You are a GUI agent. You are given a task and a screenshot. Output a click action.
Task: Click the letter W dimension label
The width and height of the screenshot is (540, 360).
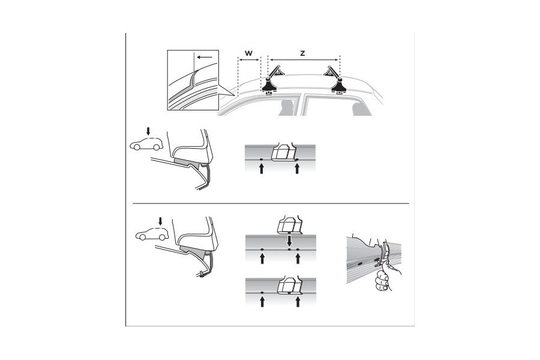pyautogui.click(x=248, y=53)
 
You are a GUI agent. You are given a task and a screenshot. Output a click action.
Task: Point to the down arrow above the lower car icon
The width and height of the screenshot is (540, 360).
pyautogui.click(x=160, y=221)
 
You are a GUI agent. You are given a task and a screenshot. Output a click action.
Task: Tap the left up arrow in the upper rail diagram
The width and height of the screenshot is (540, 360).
pyautogui.click(x=262, y=170)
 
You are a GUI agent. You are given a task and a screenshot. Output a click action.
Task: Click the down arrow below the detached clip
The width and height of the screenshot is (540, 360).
pyautogui.click(x=289, y=241)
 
